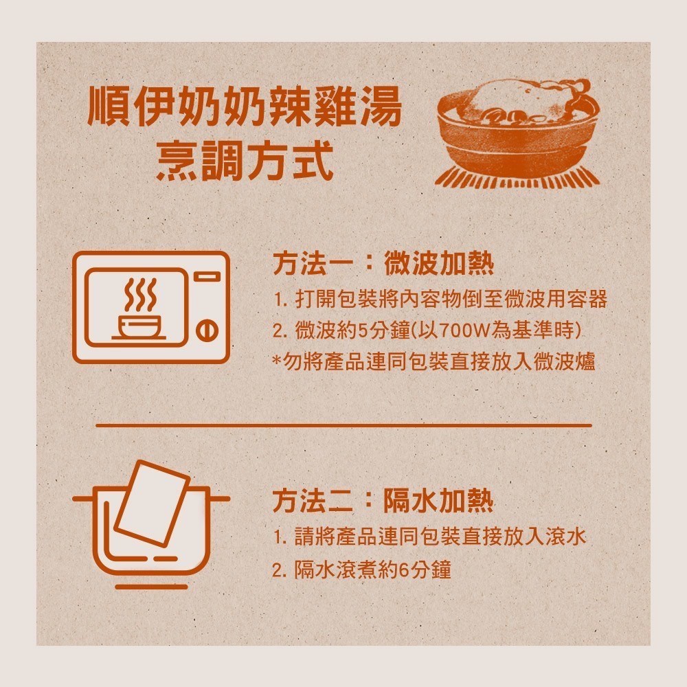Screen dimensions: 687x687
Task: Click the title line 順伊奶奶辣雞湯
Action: point(245,109)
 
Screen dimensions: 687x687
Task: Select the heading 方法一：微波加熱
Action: point(383,264)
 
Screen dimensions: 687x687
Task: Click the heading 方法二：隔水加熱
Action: point(383,502)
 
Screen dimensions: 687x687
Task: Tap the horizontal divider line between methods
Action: point(343,425)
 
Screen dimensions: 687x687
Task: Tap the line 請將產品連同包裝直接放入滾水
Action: point(429,537)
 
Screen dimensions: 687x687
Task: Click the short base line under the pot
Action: point(151,587)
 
